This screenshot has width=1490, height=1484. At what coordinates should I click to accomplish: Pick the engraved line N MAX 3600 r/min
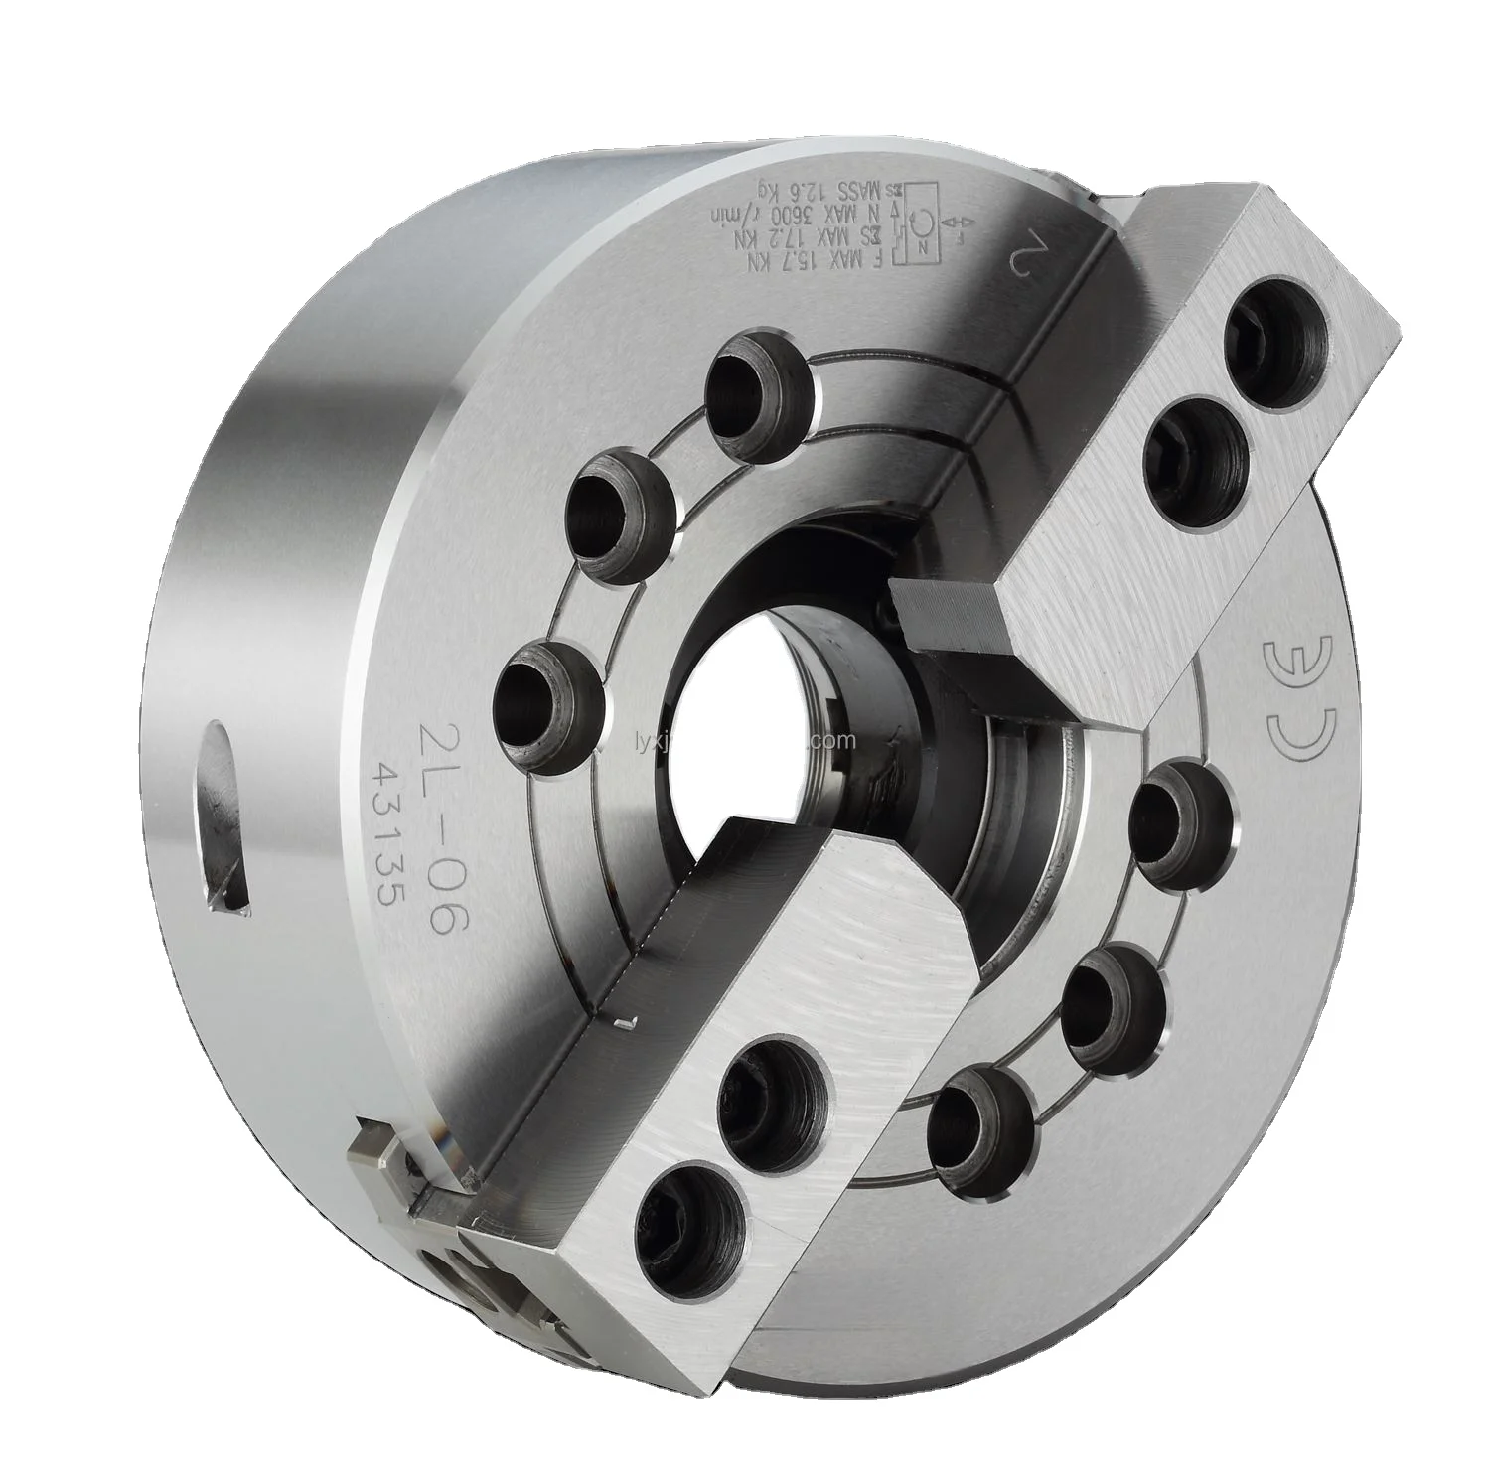point(810,210)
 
